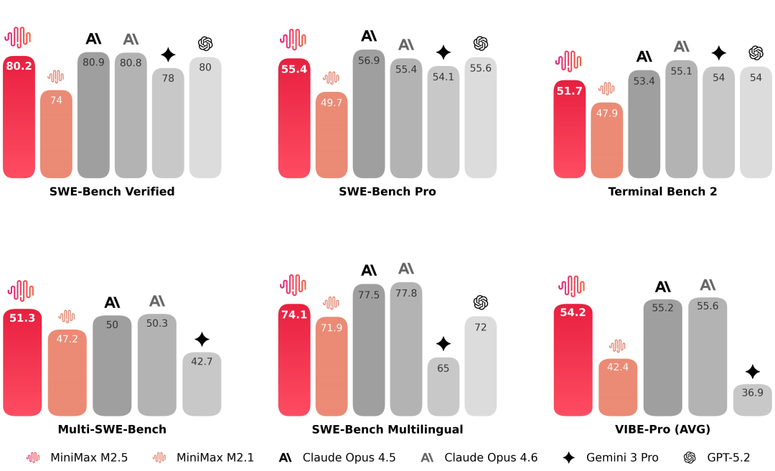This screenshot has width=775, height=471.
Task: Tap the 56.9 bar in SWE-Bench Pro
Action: pos(369,114)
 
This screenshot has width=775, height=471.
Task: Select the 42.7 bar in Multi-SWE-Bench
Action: pos(202,384)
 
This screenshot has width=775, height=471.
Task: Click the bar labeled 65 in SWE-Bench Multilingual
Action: pos(443,387)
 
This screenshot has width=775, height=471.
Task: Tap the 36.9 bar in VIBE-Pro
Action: pos(752,400)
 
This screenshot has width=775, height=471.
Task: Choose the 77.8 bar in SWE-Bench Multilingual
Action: pos(406,349)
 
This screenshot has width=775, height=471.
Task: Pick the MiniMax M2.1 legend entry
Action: pos(204,457)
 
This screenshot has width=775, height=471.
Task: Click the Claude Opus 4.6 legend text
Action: pos(491,457)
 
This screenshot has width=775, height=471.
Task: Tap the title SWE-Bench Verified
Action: pos(112,192)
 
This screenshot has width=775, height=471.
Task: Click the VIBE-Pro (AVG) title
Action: pos(662,429)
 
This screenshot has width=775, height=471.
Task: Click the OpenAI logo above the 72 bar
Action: pos(481,302)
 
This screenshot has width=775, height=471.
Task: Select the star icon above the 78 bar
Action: pos(168,55)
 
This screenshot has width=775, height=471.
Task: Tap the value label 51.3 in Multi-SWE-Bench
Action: pos(22,318)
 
